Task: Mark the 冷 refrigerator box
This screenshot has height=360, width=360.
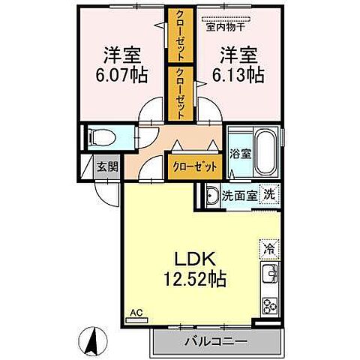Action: tap(268, 245)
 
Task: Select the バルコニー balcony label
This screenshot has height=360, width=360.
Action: tap(217, 341)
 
